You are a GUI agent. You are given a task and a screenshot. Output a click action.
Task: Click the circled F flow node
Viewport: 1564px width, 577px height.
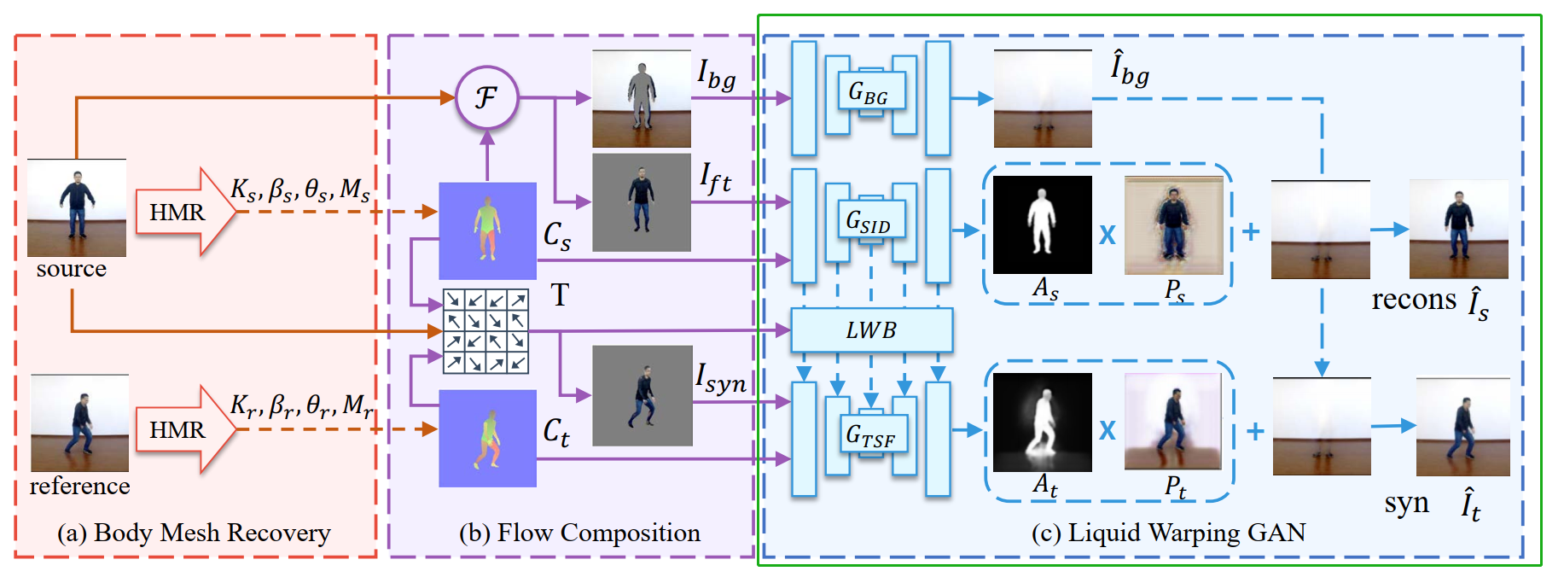coord(486,97)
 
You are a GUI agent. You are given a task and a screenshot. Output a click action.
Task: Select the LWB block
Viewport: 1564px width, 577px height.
coord(871,330)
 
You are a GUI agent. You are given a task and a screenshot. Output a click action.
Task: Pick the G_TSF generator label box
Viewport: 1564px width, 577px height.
coord(870,435)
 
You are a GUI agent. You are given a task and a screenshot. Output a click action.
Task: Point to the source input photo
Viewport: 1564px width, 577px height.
coord(77,208)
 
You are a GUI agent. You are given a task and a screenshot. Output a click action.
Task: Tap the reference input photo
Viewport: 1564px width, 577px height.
coord(79,423)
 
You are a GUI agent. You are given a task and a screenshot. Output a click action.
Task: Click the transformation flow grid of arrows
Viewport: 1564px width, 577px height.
coord(485,331)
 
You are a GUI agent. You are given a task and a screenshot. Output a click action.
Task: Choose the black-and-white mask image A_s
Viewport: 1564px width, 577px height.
coord(1042,225)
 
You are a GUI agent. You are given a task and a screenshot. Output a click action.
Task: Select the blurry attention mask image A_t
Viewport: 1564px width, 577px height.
coord(1042,423)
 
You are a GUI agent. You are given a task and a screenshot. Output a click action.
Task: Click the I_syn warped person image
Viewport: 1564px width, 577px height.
coord(642,395)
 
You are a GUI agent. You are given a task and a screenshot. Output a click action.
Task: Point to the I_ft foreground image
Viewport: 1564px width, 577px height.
coord(642,202)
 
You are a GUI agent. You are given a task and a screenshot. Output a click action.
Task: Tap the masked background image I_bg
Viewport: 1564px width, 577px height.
coord(642,98)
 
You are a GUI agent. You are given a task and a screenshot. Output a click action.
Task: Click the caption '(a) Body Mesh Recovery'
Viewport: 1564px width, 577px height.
coord(194,533)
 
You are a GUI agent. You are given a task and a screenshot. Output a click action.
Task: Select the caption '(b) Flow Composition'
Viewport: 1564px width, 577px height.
coord(579,533)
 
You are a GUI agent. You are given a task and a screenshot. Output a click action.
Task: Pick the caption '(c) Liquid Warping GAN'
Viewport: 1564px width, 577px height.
coord(1168,533)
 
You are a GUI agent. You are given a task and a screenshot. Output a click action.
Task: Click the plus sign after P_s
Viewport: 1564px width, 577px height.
coord(1251,231)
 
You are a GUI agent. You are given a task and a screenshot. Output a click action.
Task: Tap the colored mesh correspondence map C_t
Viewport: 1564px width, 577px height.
coord(487,439)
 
